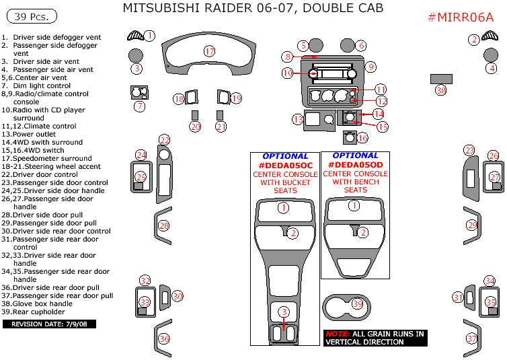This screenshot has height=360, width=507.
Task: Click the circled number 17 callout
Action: [x=209, y=51]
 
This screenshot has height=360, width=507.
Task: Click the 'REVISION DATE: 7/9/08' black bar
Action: [x=50, y=324]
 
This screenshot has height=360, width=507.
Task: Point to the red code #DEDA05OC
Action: [x=285, y=165]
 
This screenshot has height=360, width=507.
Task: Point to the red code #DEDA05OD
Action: [x=356, y=165]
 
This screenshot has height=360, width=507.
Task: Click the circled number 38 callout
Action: [x=441, y=90]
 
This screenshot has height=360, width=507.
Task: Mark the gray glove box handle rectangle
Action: [x=441, y=79]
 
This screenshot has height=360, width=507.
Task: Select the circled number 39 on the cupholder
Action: [x=357, y=304]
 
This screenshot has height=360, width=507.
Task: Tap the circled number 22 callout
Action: [x=165, y=140]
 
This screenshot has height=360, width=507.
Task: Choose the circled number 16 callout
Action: [x=362, y=138]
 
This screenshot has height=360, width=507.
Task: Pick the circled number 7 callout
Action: [x=139, y=106]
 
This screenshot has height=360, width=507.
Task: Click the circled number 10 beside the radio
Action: [x=288, y=72]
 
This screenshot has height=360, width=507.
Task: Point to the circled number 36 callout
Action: [x=163, y=338]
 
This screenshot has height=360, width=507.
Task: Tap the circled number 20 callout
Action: [x=195, y=127]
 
